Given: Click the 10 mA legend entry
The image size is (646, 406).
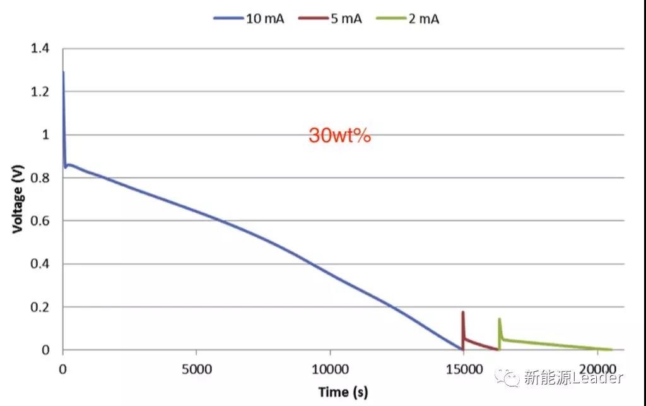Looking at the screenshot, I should [x=249, y=18].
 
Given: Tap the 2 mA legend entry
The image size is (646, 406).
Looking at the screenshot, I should [x=407, y=18].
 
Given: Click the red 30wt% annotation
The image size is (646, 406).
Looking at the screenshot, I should [x=339, y=136].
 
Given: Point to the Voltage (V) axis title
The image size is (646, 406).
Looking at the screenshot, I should [x=18, y=199].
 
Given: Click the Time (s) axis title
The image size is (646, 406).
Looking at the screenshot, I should [x=343, y=392].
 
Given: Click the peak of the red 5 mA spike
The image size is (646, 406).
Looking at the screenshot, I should [x=463, y=312].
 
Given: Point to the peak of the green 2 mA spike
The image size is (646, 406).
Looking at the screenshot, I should [x=500, y=319].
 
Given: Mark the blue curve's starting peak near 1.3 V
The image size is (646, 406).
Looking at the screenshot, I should [x=63, y=73].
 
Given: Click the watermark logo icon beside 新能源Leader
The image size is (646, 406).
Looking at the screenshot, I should [x=508, y=378].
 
